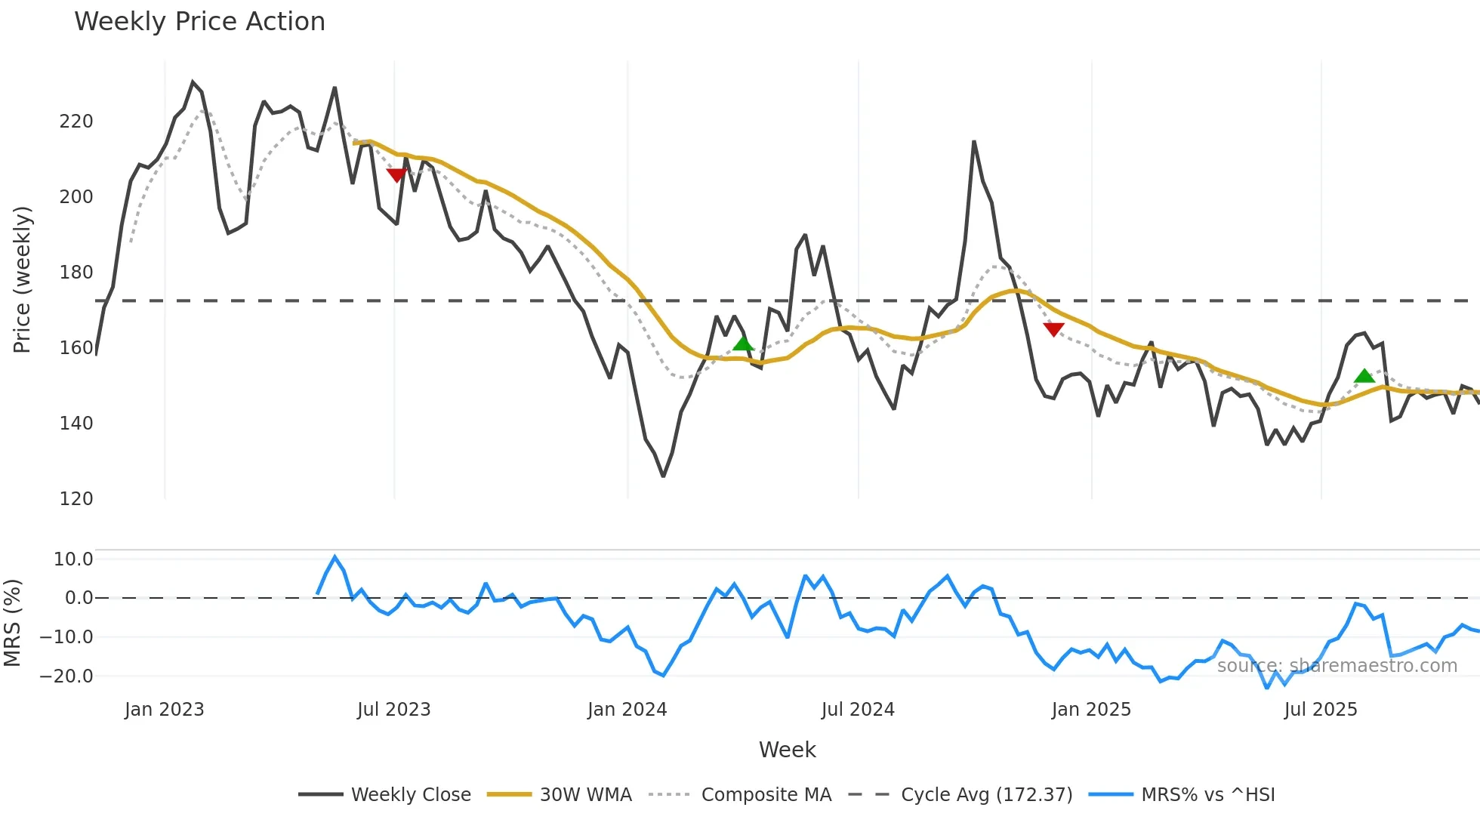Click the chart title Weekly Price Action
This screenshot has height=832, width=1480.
199,22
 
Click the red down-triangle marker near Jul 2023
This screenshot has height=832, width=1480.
396,175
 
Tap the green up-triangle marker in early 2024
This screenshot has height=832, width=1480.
743,344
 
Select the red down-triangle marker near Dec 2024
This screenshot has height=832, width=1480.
1053,329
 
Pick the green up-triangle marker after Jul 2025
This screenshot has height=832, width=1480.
1364,376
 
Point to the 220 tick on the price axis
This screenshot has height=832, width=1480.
76,122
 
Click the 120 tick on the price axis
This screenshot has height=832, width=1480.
76,499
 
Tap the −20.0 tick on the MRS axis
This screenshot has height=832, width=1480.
67,676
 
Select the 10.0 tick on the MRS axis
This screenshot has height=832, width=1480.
73,559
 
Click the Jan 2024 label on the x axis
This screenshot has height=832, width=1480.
627,710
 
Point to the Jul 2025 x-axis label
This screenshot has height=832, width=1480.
1320,710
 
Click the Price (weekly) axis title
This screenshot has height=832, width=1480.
22,279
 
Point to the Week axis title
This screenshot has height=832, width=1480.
787,750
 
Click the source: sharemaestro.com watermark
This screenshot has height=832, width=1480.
1337,666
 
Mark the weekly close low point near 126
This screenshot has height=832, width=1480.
663,476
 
